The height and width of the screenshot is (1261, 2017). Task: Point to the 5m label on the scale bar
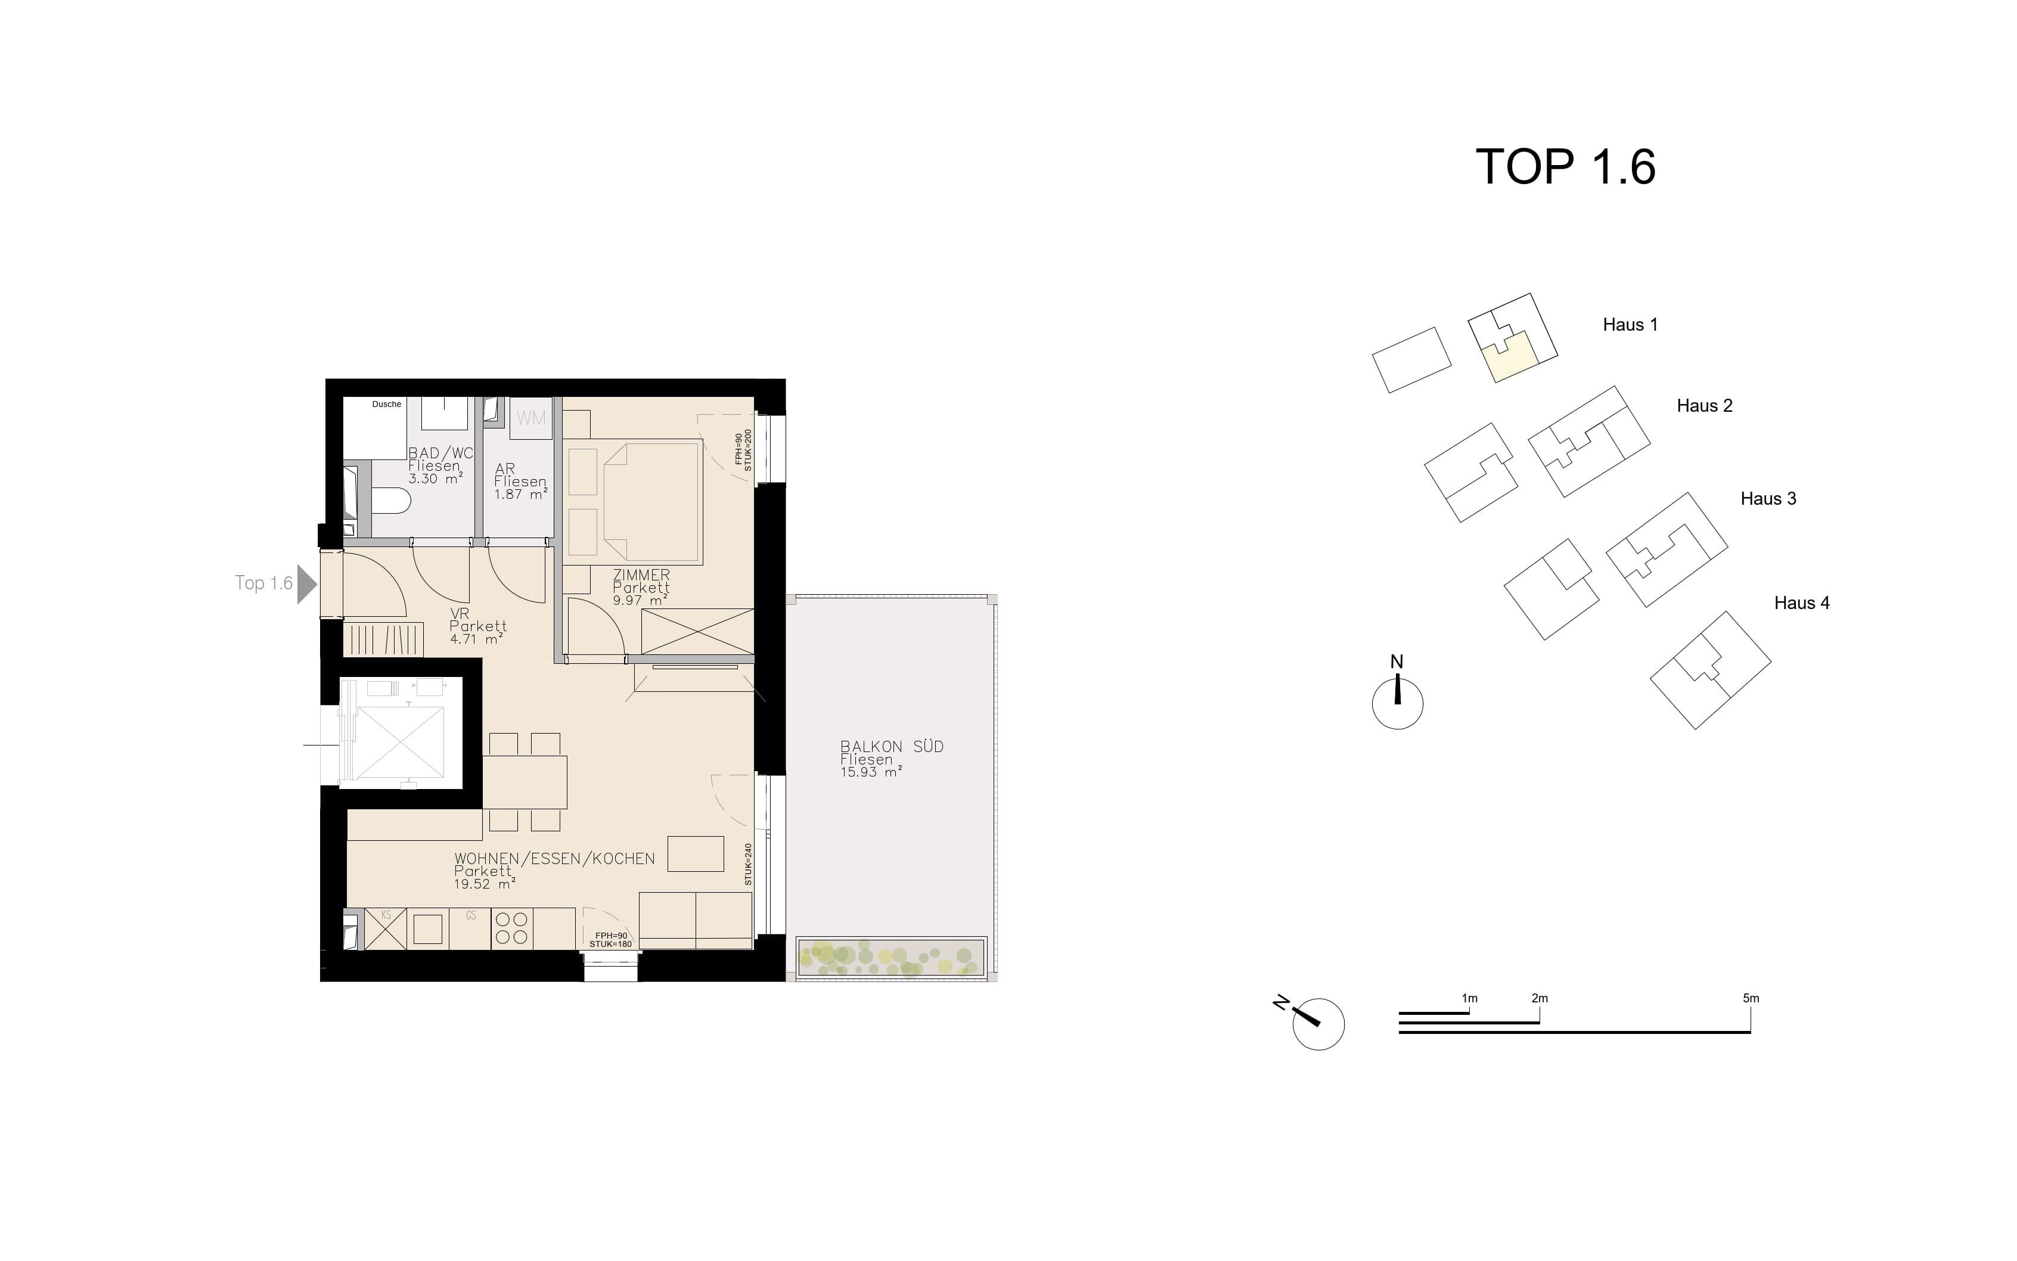(1751, 998)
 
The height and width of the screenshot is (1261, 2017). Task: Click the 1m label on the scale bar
(1469, 998)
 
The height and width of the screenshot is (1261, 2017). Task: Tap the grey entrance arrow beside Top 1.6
(307, 583)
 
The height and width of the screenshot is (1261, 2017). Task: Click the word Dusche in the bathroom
(386, 403)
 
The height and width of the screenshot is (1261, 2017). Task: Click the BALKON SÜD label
(892, 747)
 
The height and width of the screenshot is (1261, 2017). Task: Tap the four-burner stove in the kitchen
(511, 928)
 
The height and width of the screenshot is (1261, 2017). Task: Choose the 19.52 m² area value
(485, 884)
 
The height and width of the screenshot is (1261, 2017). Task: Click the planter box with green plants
(891, 958)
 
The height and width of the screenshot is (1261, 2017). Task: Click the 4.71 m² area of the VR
(476, 639)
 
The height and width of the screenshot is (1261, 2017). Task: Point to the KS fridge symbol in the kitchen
(386, 928)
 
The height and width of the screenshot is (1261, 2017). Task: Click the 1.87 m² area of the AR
(520, 493)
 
